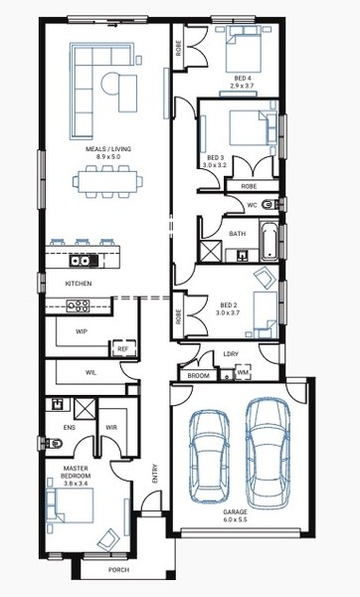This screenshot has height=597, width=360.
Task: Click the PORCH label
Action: coord(118,570)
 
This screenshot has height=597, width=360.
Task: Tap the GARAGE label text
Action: coord(235,512)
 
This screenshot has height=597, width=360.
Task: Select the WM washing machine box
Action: coord(243,372)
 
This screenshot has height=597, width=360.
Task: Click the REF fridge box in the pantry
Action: coord(122,349)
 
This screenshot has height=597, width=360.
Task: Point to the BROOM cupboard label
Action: coord(198,376)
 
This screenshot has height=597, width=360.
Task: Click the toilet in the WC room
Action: coord(271,205)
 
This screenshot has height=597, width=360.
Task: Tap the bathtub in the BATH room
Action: coord(270,240)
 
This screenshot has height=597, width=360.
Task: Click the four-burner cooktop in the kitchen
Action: coord(78,306)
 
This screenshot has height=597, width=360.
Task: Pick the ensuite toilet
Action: coord(54,443)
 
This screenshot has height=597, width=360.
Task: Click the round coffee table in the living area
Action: coord(109,83)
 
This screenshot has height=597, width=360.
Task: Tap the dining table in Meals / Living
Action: coord(107,182)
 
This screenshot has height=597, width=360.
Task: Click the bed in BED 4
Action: coord(244,49)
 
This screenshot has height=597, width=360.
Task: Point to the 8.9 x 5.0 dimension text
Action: coord(108,156)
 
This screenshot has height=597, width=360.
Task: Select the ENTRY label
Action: coord(155,474)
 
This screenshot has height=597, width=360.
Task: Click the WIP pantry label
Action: coord(82,331)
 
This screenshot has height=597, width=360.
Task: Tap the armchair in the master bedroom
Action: coord(107,539)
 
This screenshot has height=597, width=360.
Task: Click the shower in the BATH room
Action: coord(211,251)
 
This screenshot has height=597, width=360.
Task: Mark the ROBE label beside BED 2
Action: coord(179,316)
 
